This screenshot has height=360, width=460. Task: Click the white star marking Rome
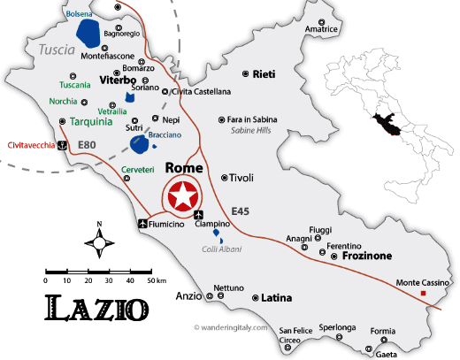tap(180, 195)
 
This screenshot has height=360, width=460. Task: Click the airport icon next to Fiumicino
tap(142, 225)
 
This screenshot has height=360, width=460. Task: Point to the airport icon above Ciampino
tap(197, 214)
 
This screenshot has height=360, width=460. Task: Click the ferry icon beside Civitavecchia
tap(61, 146)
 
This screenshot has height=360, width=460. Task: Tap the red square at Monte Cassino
tap(424, 293)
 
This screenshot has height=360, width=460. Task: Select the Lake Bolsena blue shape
tap(88, 34)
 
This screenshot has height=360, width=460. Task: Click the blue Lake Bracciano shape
tap(140, 145)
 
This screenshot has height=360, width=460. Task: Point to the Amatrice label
tap(322, 29)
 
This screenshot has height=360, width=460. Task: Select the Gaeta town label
tap(386, 354)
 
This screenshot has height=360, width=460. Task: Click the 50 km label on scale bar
tap(157, 280)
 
